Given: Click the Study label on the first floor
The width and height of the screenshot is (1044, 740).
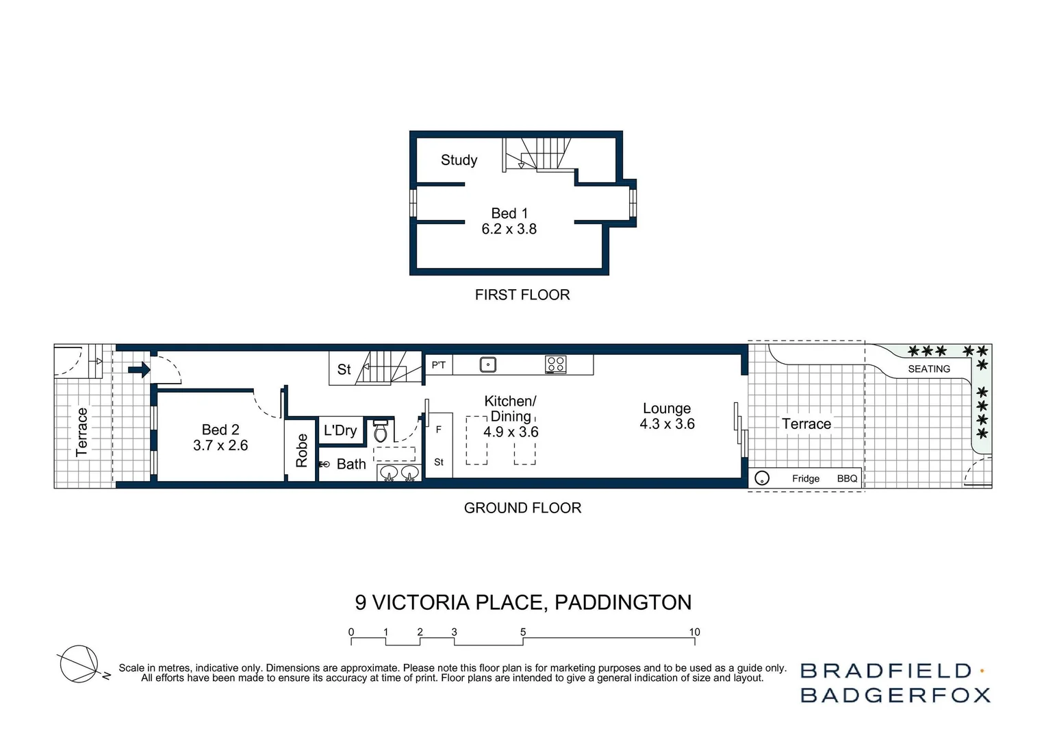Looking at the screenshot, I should click(x=459, y=160).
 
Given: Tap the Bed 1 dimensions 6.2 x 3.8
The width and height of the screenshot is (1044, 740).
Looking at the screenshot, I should click(x=509, y=230).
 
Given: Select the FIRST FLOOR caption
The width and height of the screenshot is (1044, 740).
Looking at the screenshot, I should click(x=522, y=295).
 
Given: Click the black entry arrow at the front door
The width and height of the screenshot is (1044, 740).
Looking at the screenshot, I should click(x=139, y=370).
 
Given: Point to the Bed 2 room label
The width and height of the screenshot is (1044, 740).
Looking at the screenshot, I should click(x=220, y=430).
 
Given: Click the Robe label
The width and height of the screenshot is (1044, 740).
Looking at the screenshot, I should click(x=301, y=451).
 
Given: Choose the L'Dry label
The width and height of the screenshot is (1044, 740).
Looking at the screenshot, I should click(x=340, y=430).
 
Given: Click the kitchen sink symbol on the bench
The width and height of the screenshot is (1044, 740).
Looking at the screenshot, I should click(x=487, y=365).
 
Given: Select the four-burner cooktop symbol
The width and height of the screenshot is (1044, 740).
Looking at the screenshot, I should click(x=555, y=365).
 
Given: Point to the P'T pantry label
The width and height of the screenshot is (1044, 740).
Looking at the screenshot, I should click(x=438, y=365).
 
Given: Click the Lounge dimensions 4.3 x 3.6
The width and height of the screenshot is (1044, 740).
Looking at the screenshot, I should click(x=667, y=424).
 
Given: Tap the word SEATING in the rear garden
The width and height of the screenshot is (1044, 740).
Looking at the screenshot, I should click(x=929, y=369).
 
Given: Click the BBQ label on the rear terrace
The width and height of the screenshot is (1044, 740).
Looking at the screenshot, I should click(x=847, y=478).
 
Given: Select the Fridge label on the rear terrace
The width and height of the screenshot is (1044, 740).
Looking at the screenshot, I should click(x=806, y=478).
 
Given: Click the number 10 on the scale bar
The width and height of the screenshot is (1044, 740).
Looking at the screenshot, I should click(x=694, y=632).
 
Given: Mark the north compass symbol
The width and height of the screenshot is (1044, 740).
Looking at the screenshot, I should click(x=79, y=663).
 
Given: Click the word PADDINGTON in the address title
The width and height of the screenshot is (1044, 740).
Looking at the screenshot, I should click(x=623, y=602).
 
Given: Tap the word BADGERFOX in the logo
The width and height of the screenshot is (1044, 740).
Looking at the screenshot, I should click(x=895, y=695).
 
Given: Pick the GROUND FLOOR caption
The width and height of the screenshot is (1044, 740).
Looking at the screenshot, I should click(x=522, y=508).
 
